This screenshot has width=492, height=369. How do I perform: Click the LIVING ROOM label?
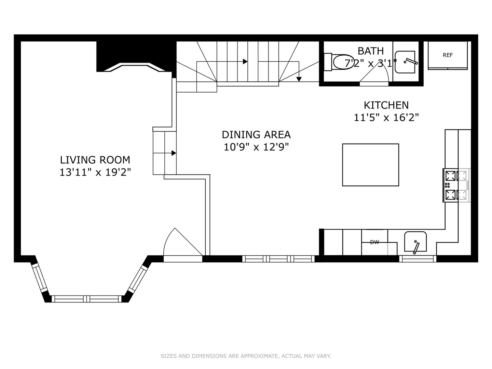pyautogui.click(x=95, y=160)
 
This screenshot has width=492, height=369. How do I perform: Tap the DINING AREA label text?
pyautogui.click(x=256, y=135)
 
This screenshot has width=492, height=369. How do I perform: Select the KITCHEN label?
pyautogui.click(x=386, y=105)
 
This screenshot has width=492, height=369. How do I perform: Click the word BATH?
pyautogui.click(x=371, y=51)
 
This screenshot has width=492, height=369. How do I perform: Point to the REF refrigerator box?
pyautogui.click(x=448, y=55)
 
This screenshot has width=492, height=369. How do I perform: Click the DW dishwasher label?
pyautogui.click(x=375, y=242)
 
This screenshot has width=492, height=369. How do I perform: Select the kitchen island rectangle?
pyautogui.click(x=370, y=165)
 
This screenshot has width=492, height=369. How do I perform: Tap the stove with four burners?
pyautogui.click(x=456, y=185)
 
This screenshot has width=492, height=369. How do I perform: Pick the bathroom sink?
pyautogui.click(x=406, y=62)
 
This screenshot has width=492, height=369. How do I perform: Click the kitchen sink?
pyautogui.click(x=415, y=242)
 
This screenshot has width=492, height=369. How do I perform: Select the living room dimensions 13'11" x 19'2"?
pyautogui.click(x=95, y=172)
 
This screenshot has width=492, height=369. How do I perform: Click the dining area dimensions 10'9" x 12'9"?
pyautogui.click(x=256, y=147)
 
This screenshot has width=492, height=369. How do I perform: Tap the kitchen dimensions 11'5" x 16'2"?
pyautogui.click(x=386, y=118)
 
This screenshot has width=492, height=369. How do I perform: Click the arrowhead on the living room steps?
pyautogui.click(x=174, y=153)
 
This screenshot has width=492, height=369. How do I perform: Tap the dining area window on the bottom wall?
pyautogui.click(x=278, y=259)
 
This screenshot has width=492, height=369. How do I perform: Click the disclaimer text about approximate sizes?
pyautogui.click(x=246, y=356)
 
